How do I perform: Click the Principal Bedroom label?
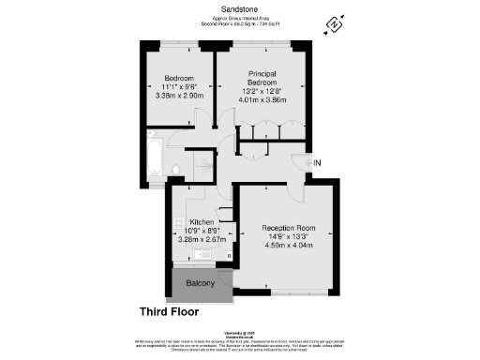point(265,78)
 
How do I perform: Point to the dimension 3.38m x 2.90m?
point(179,96)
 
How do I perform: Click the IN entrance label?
point(318,163)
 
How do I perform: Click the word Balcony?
point(199,284)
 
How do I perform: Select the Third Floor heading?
point(172,311)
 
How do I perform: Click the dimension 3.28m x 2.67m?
point(198,239)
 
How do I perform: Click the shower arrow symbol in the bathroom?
point(198,167)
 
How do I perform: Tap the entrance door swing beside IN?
point(298,159)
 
